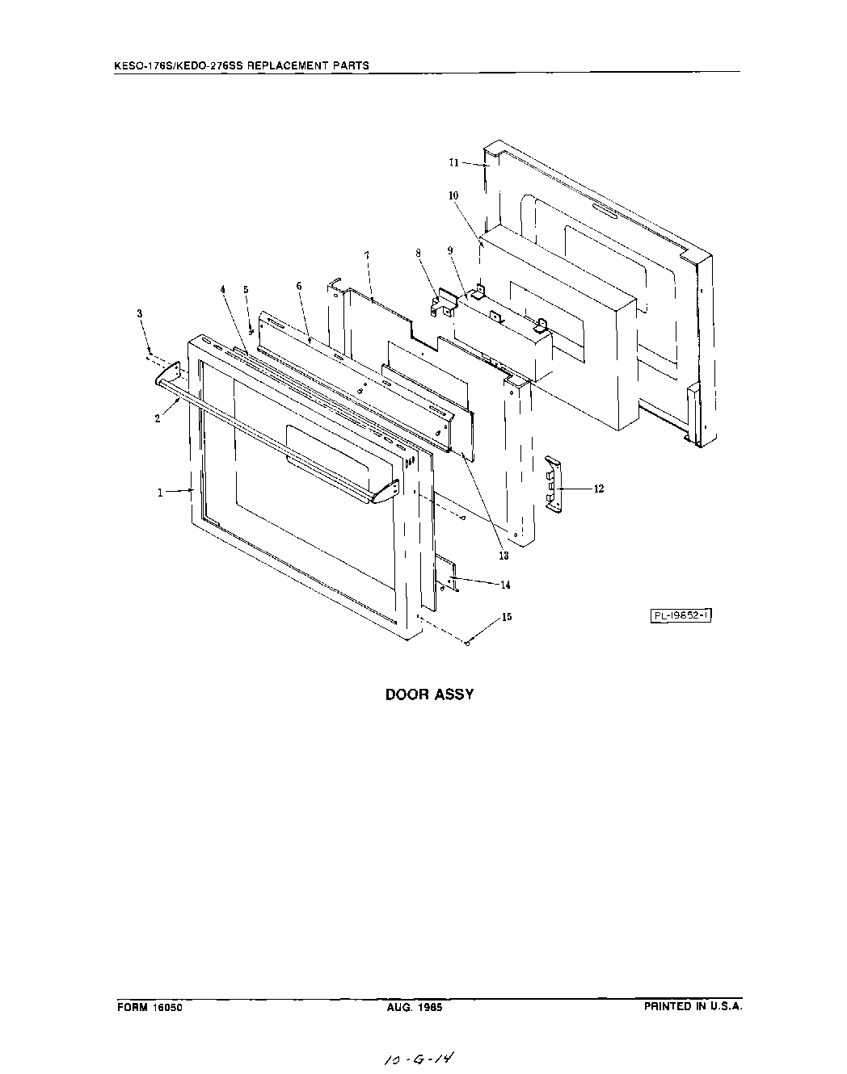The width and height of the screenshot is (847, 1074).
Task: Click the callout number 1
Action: [161, 492]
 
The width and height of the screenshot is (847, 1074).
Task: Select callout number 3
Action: [139, 313]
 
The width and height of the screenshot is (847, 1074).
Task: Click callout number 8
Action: [419, 253]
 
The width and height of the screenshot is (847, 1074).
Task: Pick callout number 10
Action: [453, 195]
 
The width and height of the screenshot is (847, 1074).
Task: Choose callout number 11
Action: [454, 162]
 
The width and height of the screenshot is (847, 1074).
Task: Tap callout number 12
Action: [599, 489]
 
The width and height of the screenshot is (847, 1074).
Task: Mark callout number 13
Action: [504, 556]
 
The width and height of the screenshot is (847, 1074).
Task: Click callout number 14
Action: [506, 585]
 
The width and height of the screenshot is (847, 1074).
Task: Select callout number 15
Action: [507, 617]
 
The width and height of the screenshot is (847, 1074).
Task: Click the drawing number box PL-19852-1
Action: [681, 615]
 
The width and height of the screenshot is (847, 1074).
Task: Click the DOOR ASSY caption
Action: [429, 694]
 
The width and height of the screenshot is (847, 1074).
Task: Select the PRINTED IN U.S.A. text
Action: [693, 1007]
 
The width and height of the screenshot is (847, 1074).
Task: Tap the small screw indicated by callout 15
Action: [468, 643]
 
